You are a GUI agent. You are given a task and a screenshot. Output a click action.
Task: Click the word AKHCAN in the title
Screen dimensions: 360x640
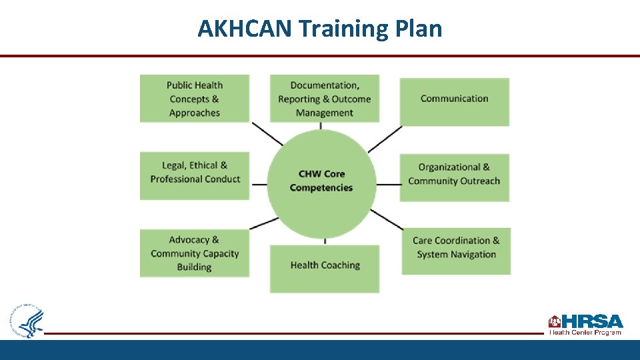(x=245, y=29)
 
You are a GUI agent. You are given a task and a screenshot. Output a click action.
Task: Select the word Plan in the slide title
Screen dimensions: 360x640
(x=419, y=29)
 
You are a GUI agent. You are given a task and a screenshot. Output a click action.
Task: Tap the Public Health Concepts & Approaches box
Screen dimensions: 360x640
(x=195, y=99)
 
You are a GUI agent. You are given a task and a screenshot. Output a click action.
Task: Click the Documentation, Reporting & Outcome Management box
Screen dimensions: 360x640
(x=325, y=99)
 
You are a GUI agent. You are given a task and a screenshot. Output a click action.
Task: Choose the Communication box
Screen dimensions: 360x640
(x=454, y=101)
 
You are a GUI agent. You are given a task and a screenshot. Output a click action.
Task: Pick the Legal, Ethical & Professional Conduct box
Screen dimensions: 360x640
(x=195, y=175)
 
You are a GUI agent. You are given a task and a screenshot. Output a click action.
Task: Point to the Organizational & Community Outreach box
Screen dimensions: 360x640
(x=454, y=177)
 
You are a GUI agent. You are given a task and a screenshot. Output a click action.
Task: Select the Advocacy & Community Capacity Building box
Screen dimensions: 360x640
(x=195, y=253)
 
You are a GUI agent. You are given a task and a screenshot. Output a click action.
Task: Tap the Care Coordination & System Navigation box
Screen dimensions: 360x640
(x=456, y=251)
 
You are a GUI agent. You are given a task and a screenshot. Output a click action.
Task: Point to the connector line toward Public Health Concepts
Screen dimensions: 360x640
(x=268, y=133)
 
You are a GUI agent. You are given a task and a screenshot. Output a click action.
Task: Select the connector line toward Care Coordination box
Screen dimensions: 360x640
(x=387, y=219)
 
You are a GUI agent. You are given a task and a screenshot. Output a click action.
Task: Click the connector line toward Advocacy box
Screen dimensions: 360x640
(x=263, y=223)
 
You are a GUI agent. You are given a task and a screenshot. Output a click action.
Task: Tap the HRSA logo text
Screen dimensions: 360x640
(x=592, y=321)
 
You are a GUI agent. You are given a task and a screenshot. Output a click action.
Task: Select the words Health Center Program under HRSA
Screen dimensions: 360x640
(x=585, y=332)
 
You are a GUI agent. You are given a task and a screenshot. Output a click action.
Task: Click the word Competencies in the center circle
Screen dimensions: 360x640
(x=321, y=188)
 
